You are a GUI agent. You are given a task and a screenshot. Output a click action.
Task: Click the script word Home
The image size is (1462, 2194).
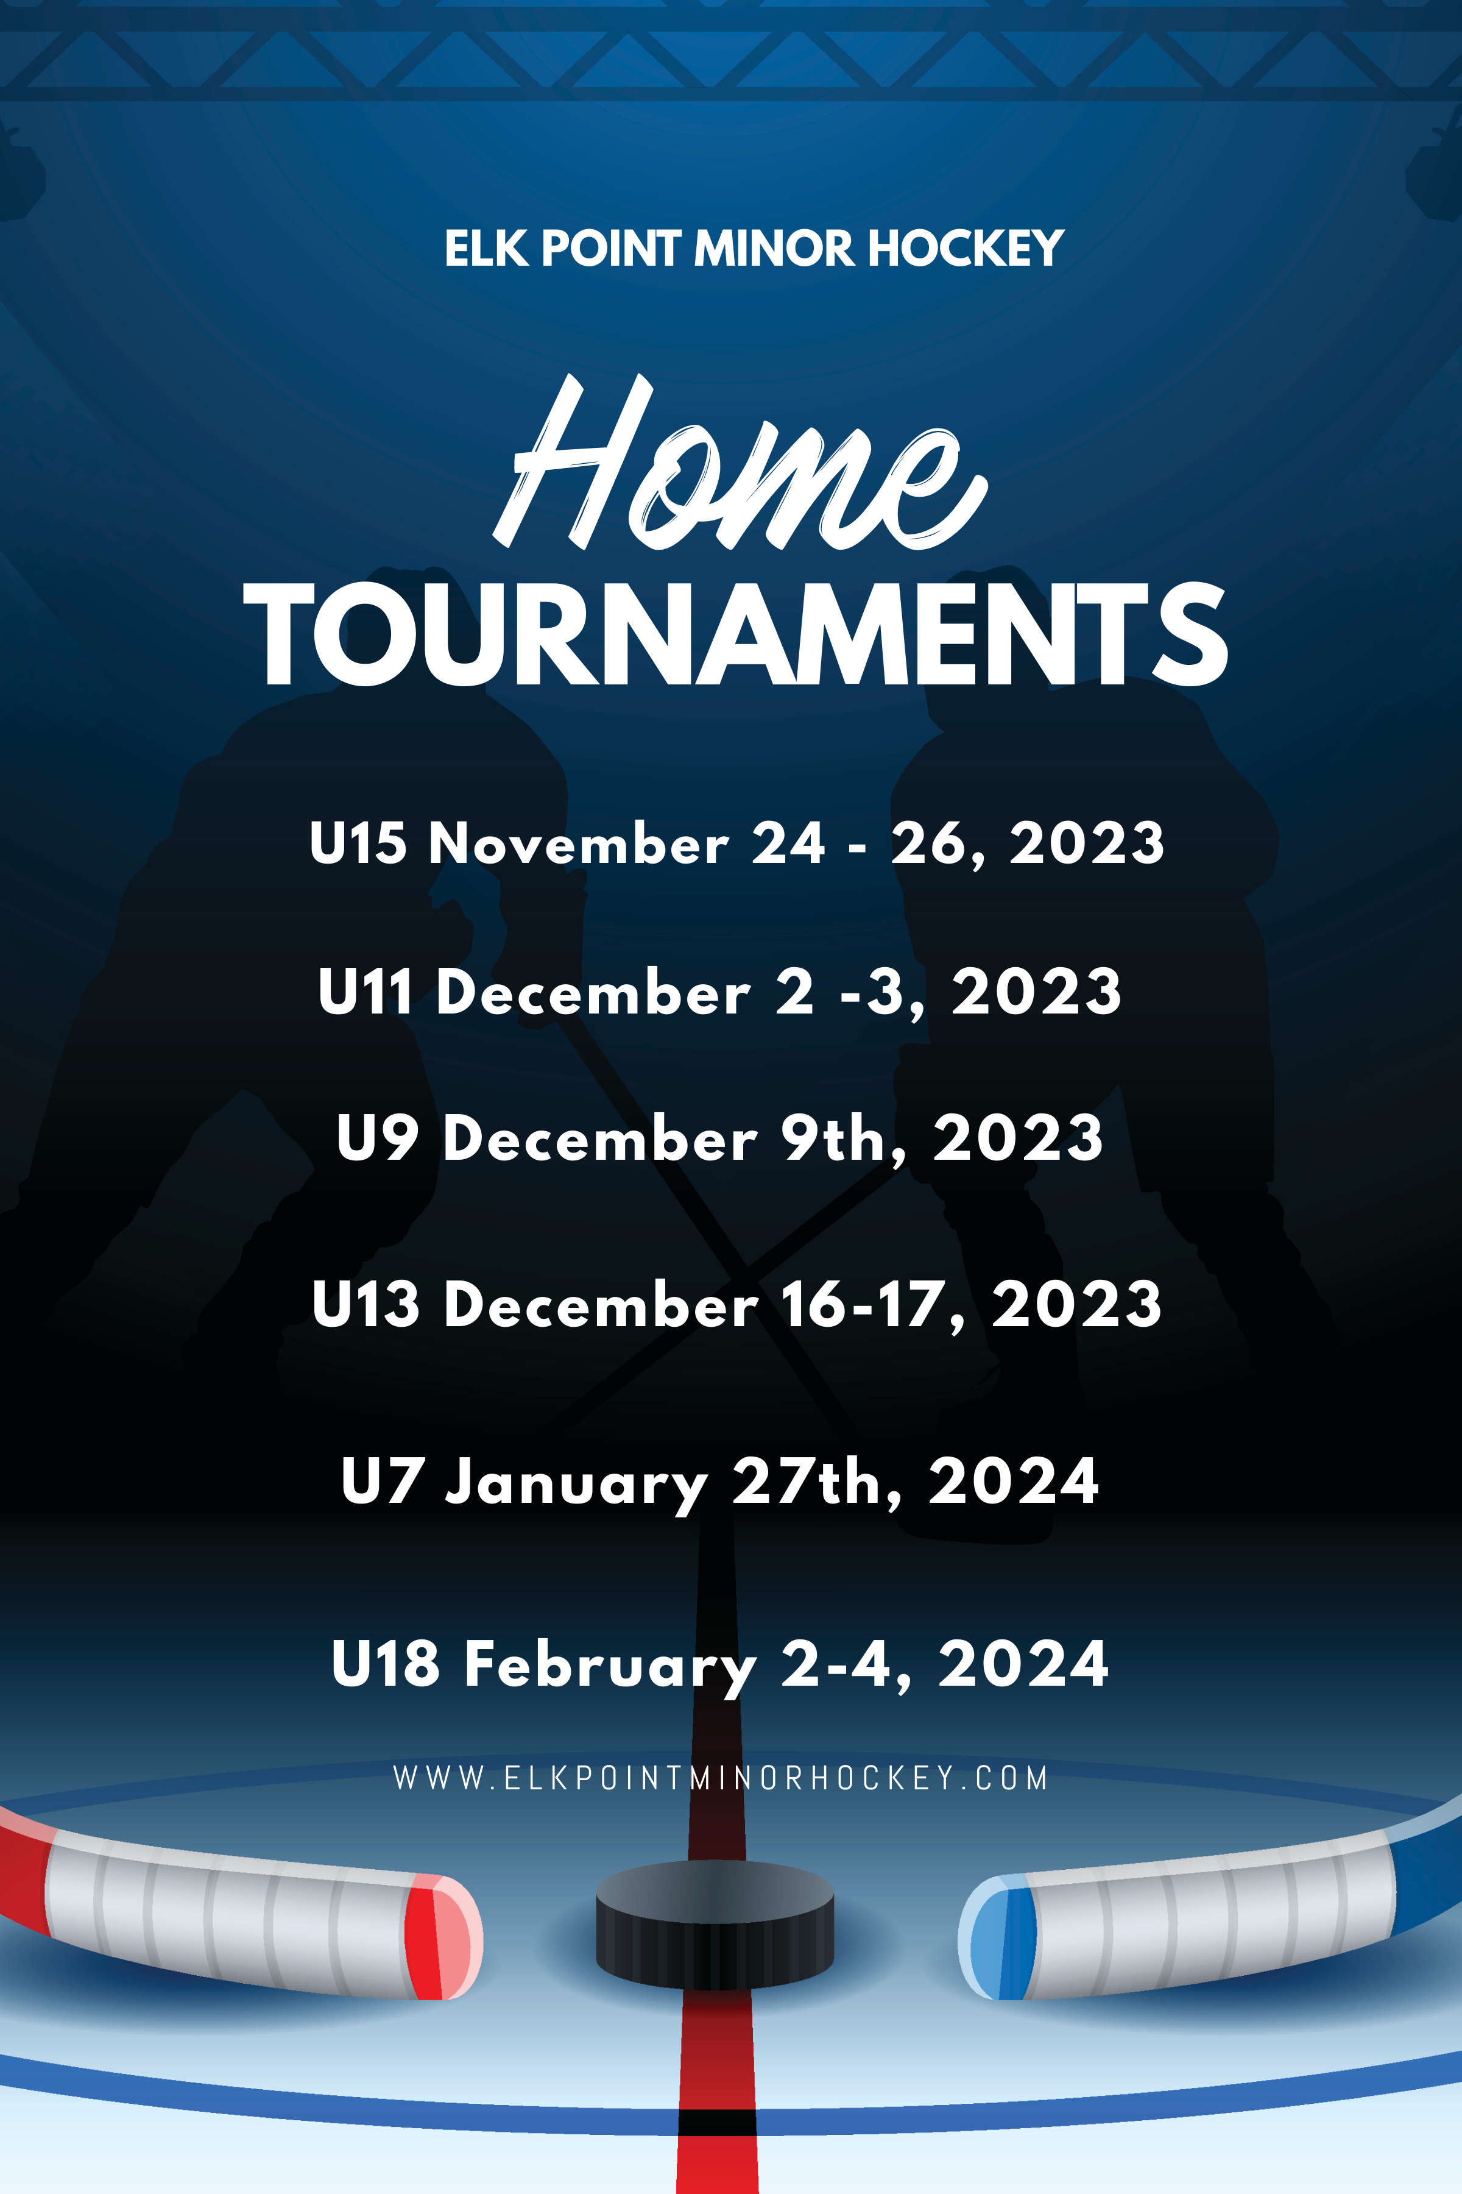(x=740, y=462)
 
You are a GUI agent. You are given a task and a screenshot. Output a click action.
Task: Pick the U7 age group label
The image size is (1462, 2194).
(x=383, y=1480)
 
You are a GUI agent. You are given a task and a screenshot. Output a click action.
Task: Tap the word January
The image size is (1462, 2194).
(x=576, y=1483)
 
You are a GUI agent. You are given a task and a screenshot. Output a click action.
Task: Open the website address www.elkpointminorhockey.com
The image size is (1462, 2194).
(x=721, y=1778)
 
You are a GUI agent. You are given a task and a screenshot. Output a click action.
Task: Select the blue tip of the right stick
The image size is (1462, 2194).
(x=997, y=1937)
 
